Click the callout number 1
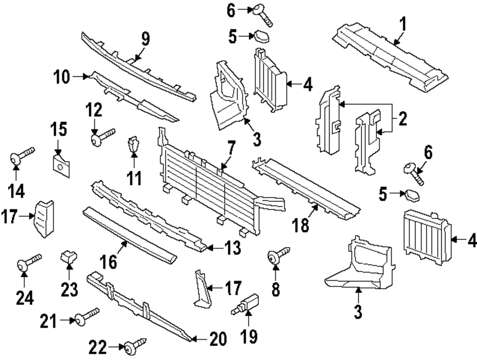[403, 24]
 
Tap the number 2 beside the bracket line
[403, 119]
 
